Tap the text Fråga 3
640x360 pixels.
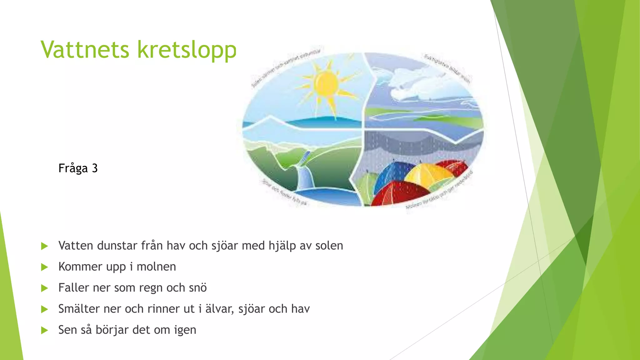click(x=78, y=168)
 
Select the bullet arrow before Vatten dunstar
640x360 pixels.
click(x=44, y=246)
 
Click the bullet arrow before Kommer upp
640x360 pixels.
click(x=44, y=267)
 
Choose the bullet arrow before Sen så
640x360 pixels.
click(x=44, y=330)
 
